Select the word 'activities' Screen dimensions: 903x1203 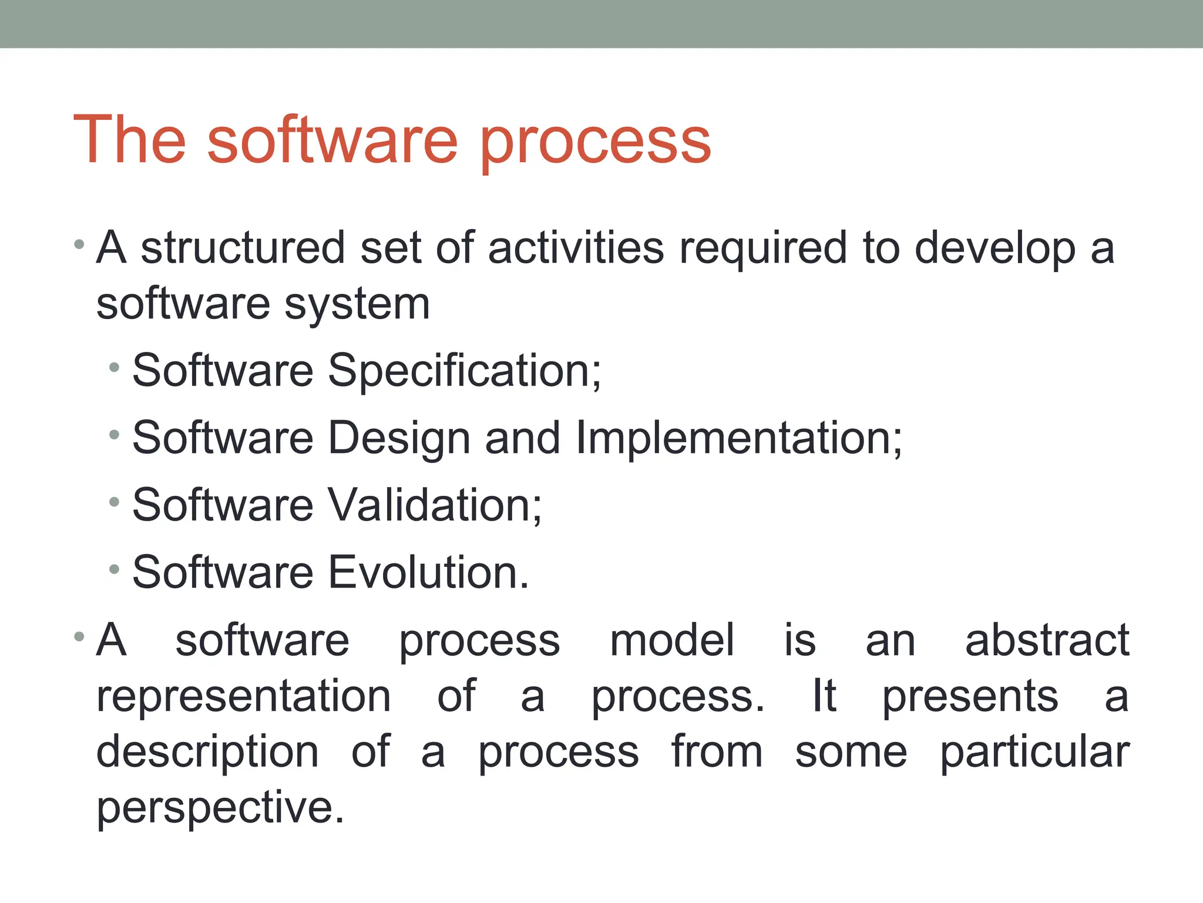[576, 248]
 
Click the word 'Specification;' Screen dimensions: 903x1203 [465, 371]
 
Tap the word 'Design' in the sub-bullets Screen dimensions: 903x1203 [399, 439]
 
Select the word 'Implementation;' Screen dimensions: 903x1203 [739, 439]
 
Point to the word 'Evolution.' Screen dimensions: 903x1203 [428, 572]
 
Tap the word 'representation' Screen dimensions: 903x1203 [244, 697]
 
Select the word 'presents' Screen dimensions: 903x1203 [970, 697]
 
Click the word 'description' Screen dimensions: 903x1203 [207, 753]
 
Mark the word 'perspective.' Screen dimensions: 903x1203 [220, 808]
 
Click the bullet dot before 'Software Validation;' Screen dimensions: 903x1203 [115, 502]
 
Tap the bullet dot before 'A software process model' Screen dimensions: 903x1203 [79, 636]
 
